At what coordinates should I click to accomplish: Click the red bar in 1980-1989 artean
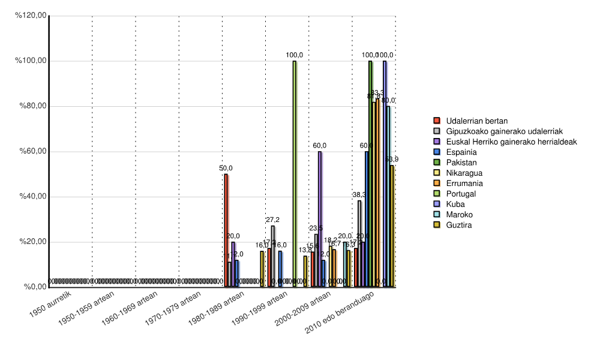tap(226, 230)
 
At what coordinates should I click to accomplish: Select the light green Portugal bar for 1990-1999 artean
tap(295, 174)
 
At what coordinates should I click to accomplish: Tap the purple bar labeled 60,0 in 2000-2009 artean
tap(320, 219)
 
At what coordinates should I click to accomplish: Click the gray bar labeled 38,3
tap(359, 244)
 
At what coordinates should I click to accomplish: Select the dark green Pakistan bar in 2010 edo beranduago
tap(370, 174)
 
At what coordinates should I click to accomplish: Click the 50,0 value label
tap(226, 169)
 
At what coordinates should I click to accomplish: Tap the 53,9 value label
tap(392, 159)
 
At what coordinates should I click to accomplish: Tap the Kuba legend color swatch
tap(437, 204)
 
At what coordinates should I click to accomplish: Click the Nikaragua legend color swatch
tap(437, 173)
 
